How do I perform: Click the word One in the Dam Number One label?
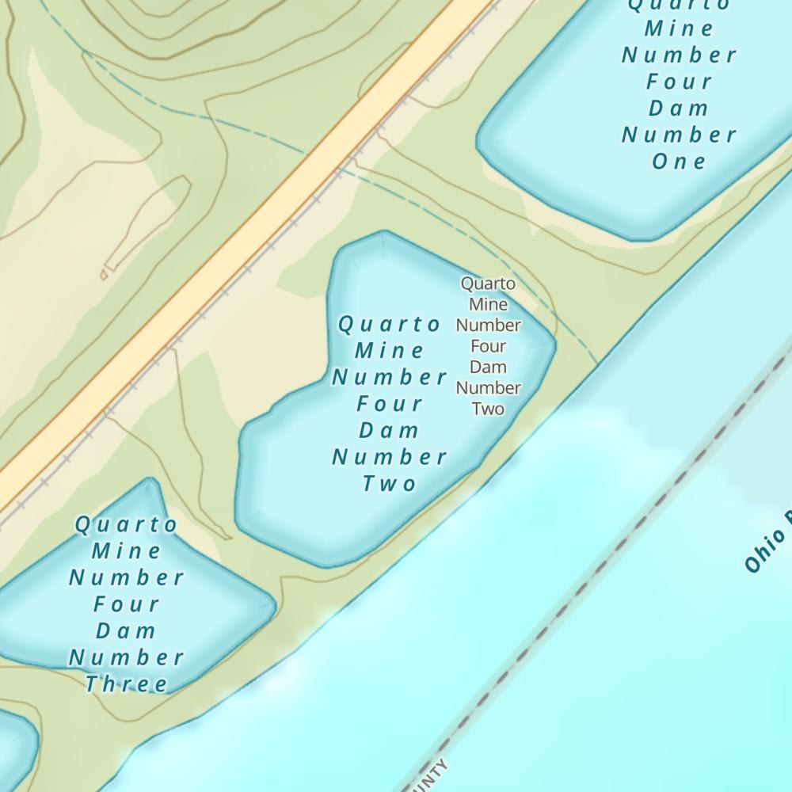679,162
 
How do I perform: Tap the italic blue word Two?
390,483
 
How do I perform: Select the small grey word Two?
488,409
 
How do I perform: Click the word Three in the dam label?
127,683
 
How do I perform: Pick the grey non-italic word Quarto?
488,284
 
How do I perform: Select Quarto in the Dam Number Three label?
127,524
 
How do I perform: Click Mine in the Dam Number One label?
679,29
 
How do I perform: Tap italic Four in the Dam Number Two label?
390,404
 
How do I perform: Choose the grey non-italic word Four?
488,346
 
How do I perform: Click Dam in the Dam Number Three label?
127,630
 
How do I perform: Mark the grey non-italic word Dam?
488,367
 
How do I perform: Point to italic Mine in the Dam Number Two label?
390,350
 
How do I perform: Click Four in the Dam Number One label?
679,82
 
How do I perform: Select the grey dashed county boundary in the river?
602,570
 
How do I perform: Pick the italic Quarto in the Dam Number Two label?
390,324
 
